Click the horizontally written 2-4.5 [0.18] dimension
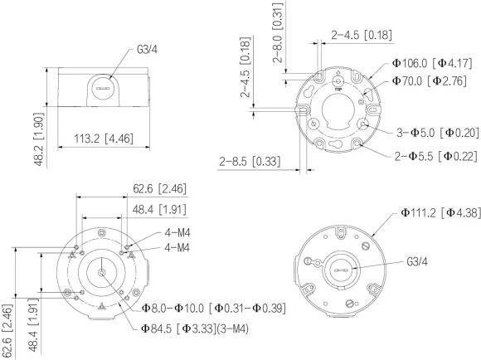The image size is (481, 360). [362, 35]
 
